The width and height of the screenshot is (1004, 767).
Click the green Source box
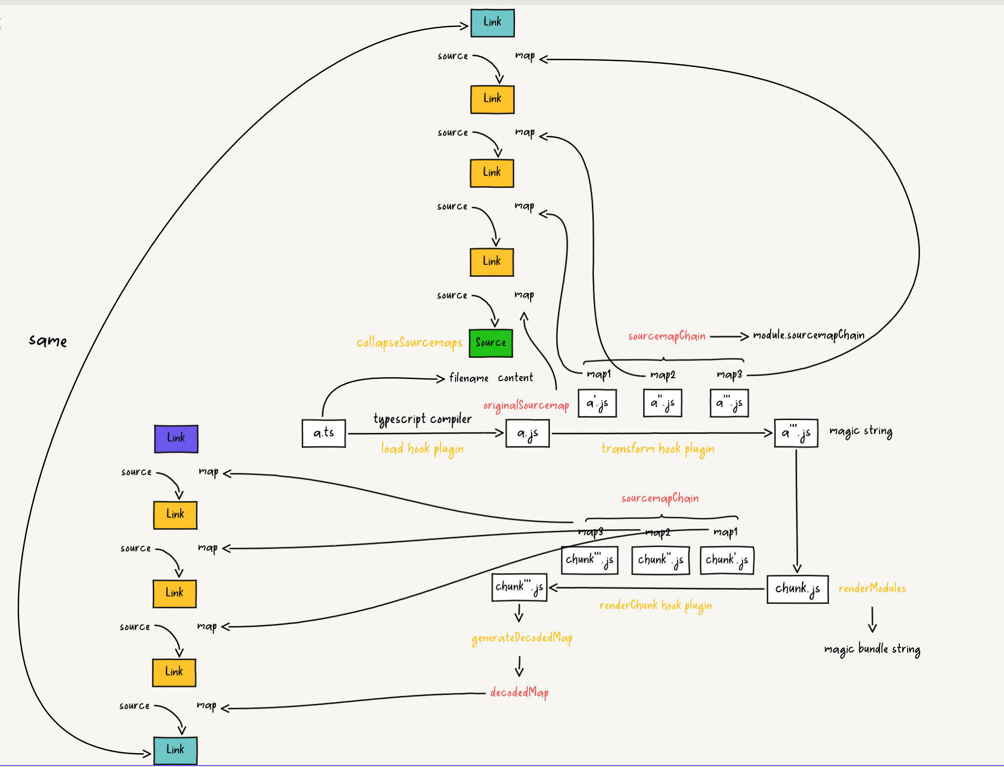pos(491,343)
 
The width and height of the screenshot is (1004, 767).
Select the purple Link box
pos(176,438)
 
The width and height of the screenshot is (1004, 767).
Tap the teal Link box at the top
pos(492,23)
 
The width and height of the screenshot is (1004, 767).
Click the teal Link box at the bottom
pos(175,750)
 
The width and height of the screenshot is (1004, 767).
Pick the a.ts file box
pos(324,433)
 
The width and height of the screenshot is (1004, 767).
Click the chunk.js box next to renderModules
pos(797,589)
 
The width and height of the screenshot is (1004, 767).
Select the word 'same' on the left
pos(48,341)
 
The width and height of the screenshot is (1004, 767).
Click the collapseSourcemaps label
pos(409,342)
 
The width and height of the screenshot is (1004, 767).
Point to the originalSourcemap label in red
pos(526,406)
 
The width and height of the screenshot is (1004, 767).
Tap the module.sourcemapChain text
pos(808,336)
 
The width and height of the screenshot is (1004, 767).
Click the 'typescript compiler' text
pos(422,419)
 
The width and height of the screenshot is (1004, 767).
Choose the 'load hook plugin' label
pos(422,449)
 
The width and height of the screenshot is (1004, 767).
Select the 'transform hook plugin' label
pos(657,449)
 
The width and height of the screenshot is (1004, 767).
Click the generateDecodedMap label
pos(522,638)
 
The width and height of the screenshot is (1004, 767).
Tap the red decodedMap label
pos(519,693)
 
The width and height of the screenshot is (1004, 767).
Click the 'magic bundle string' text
pos(872,649)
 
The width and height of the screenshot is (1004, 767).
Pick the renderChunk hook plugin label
pos(655,605)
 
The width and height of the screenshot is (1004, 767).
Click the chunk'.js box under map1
pos(726,560)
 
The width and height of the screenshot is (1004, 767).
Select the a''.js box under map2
pos(662,403)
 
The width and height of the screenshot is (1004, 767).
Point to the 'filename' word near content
pos(468,379)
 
